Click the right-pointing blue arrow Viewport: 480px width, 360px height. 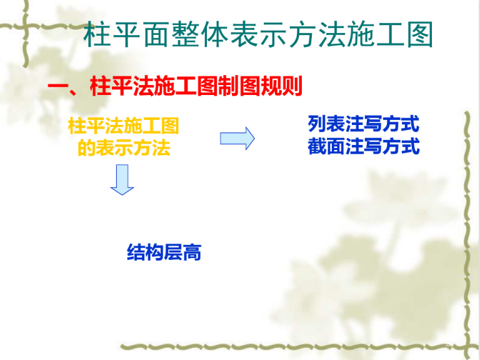click(x=237, y=138)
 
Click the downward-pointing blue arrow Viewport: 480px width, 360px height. click(x=122, y=180)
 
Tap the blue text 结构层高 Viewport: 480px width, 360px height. click(x=164, y=252)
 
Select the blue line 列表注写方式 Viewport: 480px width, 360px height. click(x=363, y=124)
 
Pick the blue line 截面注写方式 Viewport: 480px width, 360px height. click(x=363, y=146)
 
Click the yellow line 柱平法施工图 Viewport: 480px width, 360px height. click(x=123, y=126)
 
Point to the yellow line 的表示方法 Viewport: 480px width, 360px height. click(x=124, y=147)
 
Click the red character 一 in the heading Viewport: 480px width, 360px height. click(x=58, y=86)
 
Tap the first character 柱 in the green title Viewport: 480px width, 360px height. click(x=97, y=34)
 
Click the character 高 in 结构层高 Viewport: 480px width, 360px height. click(x=192, y=252)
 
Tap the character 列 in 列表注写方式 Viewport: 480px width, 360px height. click(x=317, y=124)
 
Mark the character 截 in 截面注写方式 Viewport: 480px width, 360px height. click(x=317, y=146)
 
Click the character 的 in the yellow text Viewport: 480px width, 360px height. click(x=86, y=147)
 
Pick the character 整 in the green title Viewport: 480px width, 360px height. click(x=185, y=34)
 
